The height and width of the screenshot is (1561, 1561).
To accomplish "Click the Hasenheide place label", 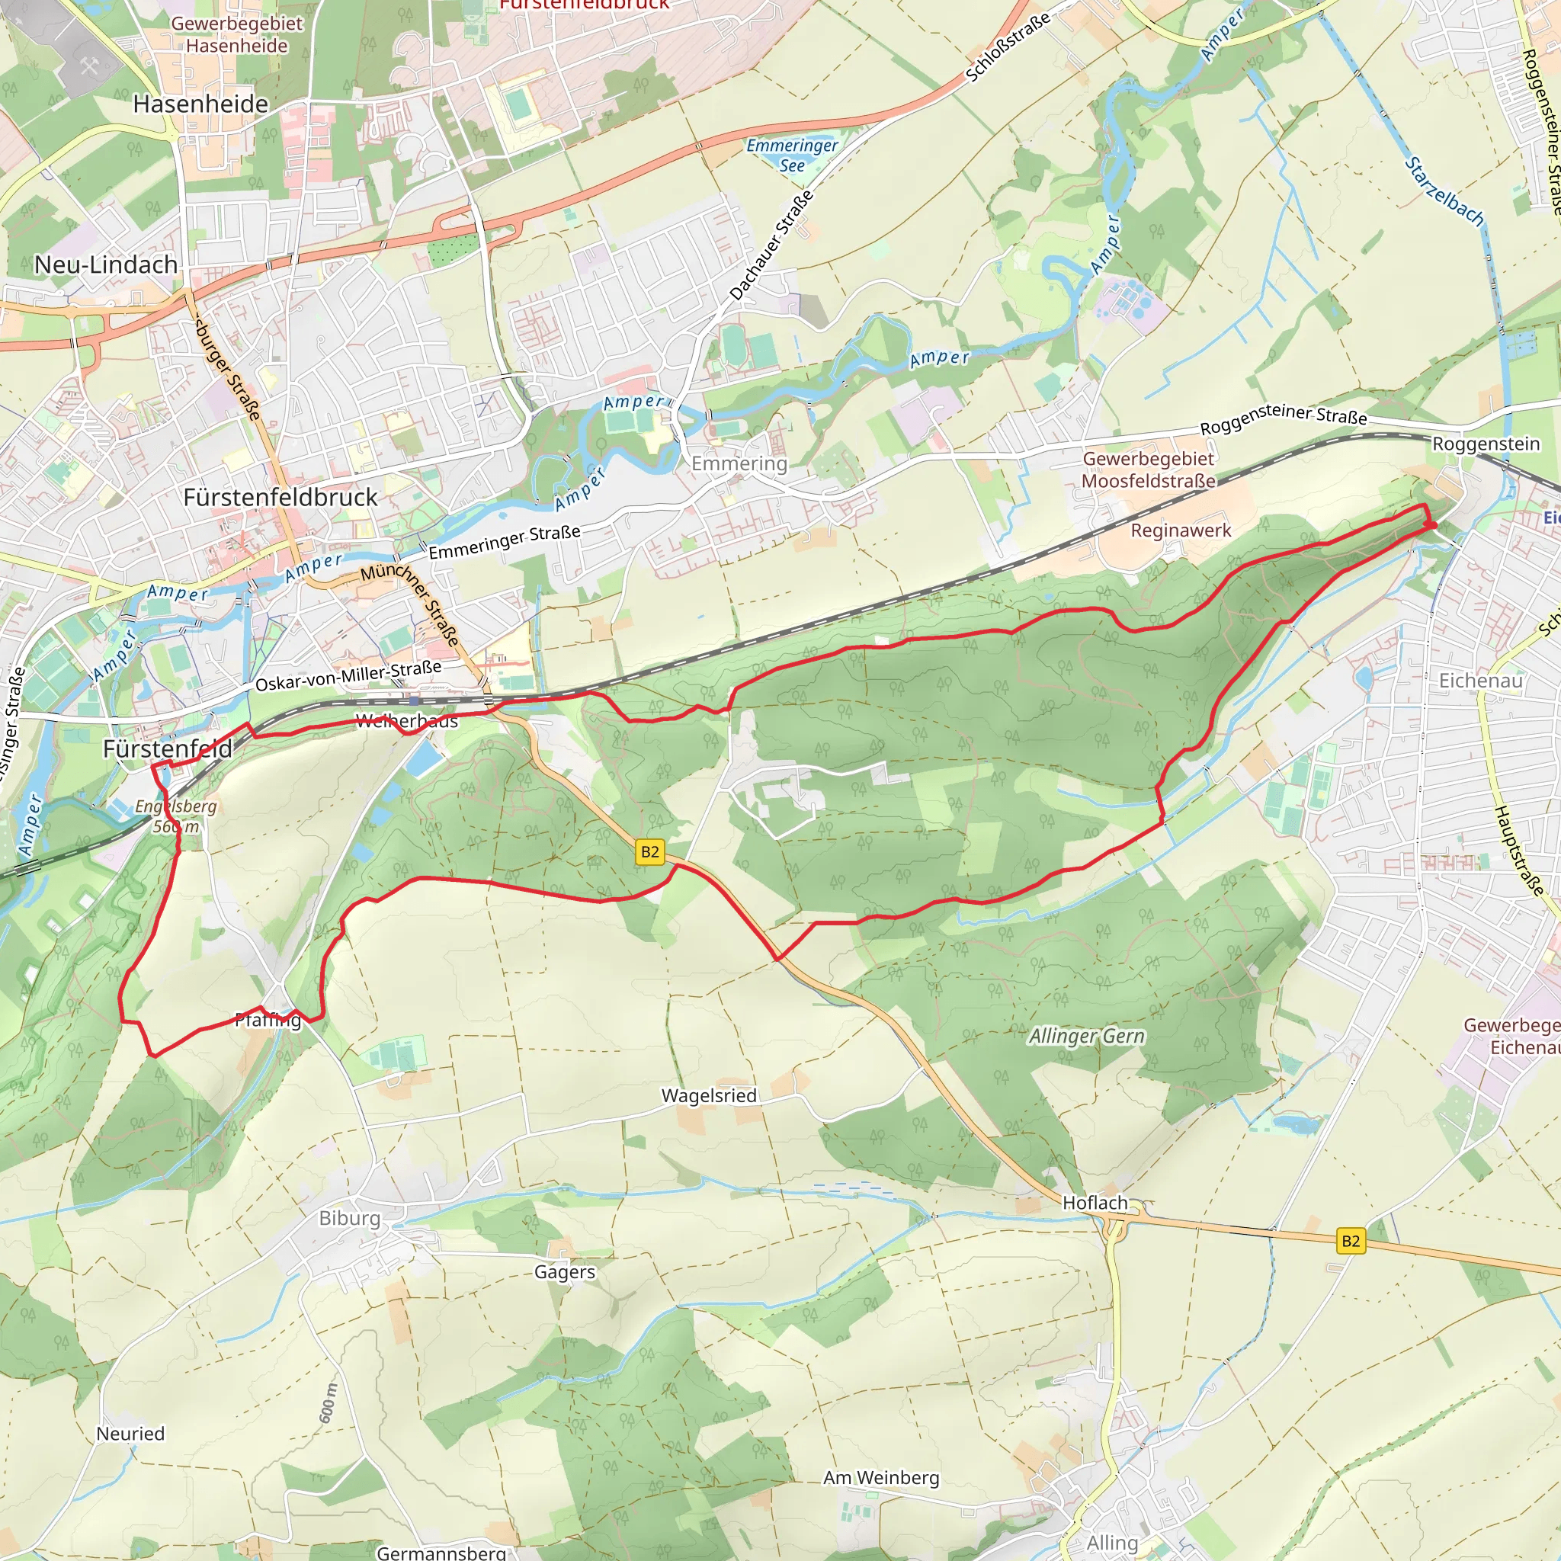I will point(200,104).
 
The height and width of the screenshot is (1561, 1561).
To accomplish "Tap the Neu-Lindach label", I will point(106,264).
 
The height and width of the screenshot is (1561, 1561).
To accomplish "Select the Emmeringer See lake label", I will point(791,155).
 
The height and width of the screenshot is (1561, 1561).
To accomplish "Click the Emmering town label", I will point(739,463).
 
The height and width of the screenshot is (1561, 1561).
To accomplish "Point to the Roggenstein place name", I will point(1485,444).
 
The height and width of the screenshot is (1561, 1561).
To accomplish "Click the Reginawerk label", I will point(1180,530).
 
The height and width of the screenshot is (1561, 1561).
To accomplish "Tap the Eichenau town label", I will point(1479,681).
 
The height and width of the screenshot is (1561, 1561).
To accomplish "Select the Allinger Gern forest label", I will point(1086,1036).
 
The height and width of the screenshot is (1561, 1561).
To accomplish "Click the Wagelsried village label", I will point(709,1095).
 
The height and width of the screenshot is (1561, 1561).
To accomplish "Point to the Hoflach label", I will point(1094,1203).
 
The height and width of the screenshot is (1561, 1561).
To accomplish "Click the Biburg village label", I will point(349,1219).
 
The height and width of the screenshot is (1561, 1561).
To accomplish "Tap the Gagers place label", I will point(564,1272).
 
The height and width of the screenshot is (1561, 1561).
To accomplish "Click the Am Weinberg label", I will point(880,1478).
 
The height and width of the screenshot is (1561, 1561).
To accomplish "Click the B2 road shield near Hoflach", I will point(1350,1241).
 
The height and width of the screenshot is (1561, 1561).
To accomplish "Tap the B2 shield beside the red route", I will point(649,852).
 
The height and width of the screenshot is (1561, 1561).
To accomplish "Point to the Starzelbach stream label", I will point(1444,191).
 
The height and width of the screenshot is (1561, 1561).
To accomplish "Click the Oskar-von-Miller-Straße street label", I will point(348,676).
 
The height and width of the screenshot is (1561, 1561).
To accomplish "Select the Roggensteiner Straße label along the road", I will point(1282,420).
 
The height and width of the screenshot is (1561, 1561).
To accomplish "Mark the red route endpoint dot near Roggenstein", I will point(1430,526).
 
